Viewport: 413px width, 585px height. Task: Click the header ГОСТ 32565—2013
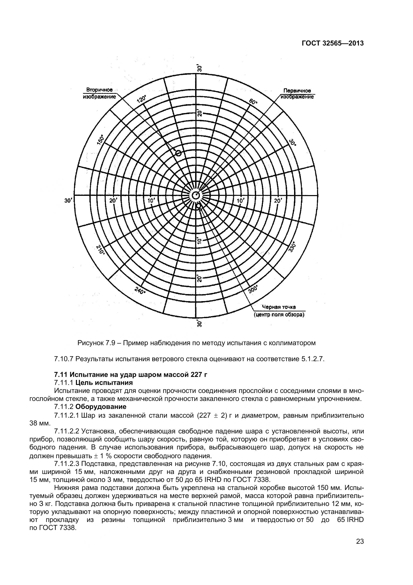tap(333, 44)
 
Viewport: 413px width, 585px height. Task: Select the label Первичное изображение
tap(297, 94)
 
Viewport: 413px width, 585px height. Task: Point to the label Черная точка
tap(279, 307)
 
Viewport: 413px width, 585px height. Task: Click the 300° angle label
tap(253, 289)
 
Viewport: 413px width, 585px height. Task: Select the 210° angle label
tap(101, 250)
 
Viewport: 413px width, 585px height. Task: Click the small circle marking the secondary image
tap(179, 153)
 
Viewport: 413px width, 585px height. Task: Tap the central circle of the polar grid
tap(195, 195)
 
